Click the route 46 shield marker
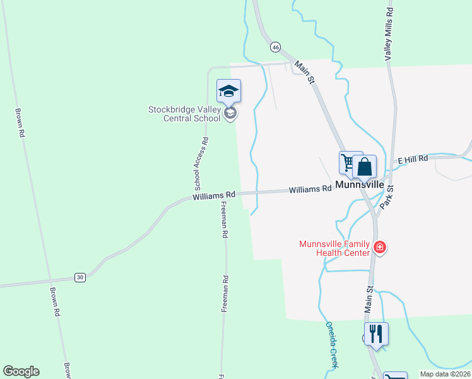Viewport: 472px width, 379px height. [275, 47]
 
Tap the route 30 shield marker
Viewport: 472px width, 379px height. [80, 277]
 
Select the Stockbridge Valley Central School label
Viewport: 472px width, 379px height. [185, 113]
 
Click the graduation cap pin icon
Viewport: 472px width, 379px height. [228, 91]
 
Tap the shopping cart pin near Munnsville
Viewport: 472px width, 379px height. [348, 162]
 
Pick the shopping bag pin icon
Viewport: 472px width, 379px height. [364, 167]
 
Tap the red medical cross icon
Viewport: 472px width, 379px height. [380, 247]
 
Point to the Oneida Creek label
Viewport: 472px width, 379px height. [332, 344]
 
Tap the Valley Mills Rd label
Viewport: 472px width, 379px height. [390, 34]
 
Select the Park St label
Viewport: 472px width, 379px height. [390, 197]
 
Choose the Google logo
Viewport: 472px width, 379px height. [21, 371]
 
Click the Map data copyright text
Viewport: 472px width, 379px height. [445, 374]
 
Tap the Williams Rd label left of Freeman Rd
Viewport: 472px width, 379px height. [214, 197]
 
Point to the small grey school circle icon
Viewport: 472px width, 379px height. [230, 113]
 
